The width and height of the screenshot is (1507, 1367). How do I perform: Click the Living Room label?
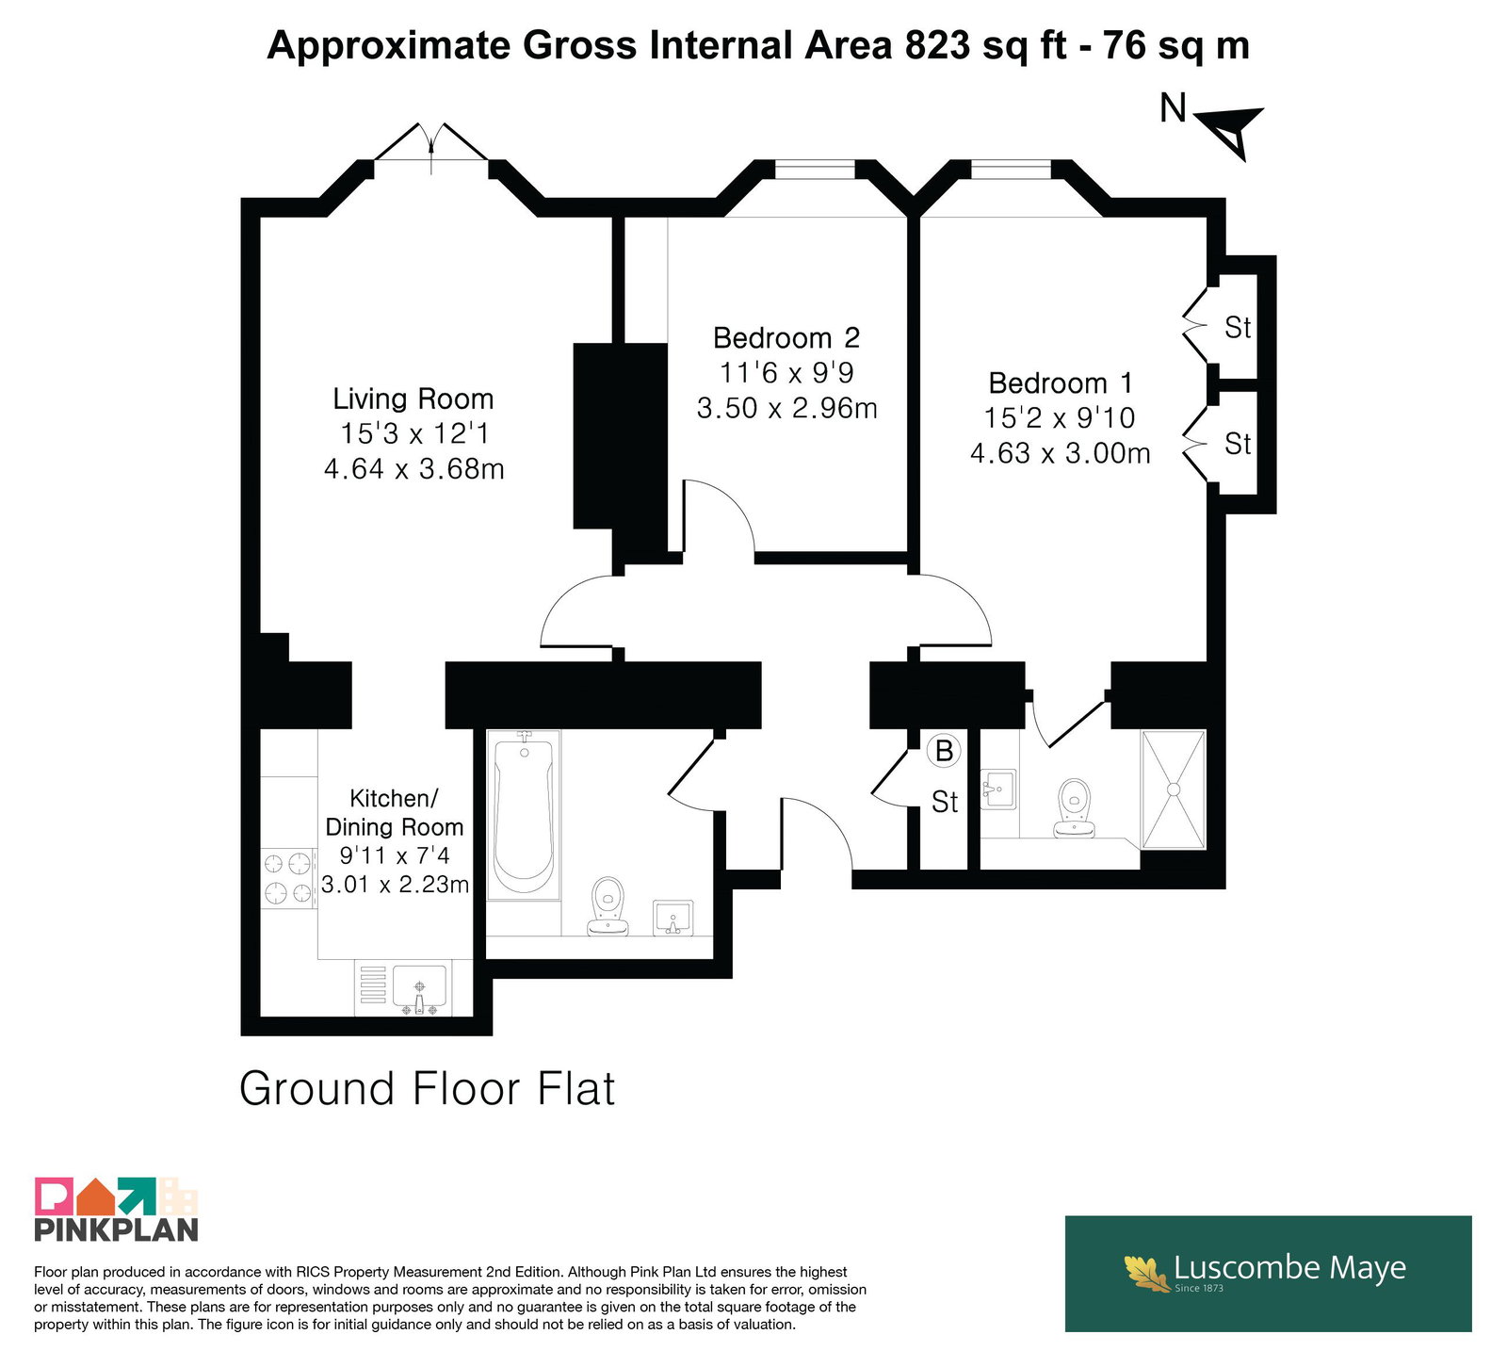tap(413, 399)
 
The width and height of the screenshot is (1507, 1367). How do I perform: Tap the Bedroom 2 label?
tap(786, 337)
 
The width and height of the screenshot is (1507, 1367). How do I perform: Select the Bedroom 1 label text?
tap(1061, 382)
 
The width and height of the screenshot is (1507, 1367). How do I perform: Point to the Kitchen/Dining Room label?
tap(395, 812)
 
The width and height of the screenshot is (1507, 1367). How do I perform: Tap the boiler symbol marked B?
tap(944, 751)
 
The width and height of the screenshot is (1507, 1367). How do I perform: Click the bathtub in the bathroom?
tap(524, 815)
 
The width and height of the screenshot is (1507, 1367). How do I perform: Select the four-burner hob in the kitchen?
tap(287, 878)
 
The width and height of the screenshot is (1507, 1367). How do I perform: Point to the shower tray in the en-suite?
tap(1174, 789)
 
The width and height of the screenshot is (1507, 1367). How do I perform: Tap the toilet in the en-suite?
tap(1074, 807)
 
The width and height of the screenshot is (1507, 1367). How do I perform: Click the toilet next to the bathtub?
tap(608, 906)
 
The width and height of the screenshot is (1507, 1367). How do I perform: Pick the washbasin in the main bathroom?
tap(673, 918)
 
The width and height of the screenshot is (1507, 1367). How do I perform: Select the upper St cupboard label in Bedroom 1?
tap(1238, 327)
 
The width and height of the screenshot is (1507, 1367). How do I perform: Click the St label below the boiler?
tap(945, 802)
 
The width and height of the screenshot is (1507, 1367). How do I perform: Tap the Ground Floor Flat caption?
tap(427, 1089)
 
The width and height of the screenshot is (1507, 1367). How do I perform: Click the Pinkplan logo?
tap(117, 1209)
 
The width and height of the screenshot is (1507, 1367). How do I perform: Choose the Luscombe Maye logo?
tap(1268, 1273)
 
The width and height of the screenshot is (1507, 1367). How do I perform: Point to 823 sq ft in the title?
tap(986, 45)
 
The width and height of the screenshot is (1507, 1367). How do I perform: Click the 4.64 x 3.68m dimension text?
tap(413, 468)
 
